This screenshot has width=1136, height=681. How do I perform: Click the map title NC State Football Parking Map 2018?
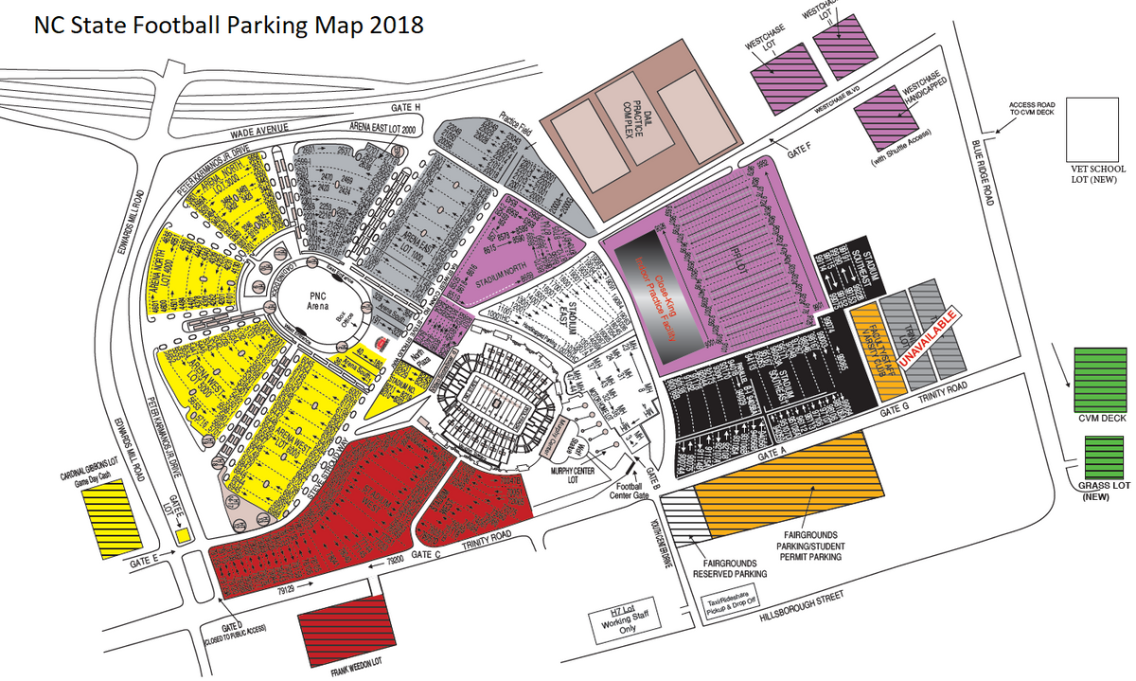(x=228, y=26)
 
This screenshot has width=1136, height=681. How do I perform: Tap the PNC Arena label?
(x=318, y=300)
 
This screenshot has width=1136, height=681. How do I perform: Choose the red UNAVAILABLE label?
(x=933, y=342)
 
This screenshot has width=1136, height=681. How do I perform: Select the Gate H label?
(x=404, y=108)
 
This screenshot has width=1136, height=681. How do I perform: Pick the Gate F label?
(x=800, y=148)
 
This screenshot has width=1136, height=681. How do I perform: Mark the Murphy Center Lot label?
(x=574, y=474)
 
